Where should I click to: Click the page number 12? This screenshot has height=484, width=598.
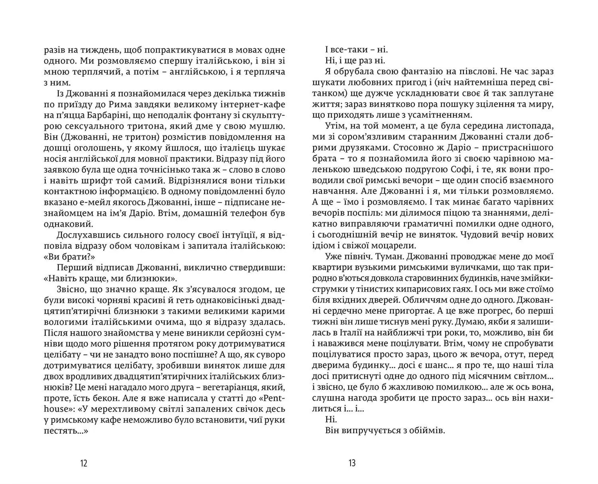pos(83,463)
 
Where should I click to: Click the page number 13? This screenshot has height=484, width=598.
pos(352,463)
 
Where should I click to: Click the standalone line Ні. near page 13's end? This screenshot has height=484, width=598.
pos(331,420)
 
